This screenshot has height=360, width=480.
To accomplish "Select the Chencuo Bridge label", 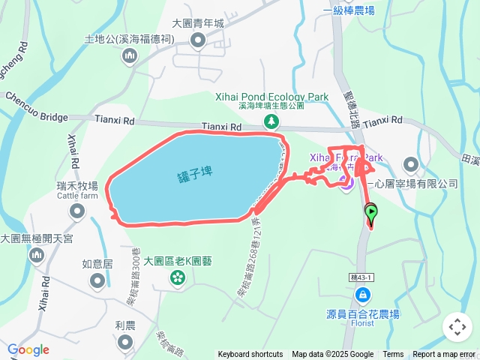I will click(35, 108).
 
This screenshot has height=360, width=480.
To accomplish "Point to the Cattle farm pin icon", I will click(77, 212).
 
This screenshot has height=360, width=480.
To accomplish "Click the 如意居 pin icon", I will click(97, 280).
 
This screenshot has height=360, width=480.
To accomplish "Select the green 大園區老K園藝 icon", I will click(178, 278).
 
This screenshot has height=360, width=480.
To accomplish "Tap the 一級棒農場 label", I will click(348, 10).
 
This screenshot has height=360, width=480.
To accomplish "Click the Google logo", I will click(28, 349).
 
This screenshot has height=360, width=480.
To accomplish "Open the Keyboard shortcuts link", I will click(250, 355).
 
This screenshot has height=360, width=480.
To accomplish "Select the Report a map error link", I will click(444, 355).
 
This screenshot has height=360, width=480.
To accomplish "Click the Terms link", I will click(393, 355).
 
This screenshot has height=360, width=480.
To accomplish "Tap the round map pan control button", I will click(457, 327).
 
